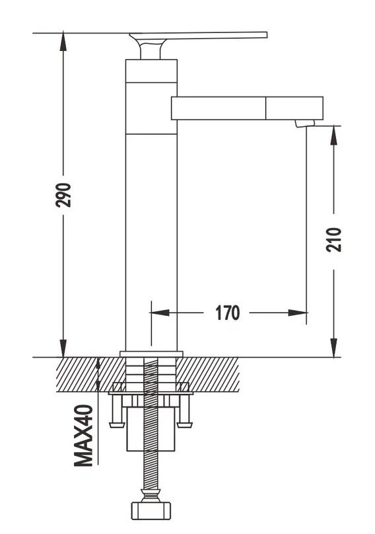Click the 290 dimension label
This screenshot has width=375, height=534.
(x=63, y=195)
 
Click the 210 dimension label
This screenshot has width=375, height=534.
(x=333, y=240)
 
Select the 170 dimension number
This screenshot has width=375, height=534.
(x=227, y=313)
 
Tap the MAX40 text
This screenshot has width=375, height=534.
(x=83, y=436)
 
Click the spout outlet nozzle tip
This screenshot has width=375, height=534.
(x=304, y=124)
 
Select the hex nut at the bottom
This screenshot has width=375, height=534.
(x=151, y=510)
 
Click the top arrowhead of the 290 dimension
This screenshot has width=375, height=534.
(x=63, y=41)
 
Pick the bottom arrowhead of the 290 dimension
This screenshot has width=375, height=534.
(x=63, y=348)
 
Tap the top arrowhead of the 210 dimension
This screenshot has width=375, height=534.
(x=334, y=135)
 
